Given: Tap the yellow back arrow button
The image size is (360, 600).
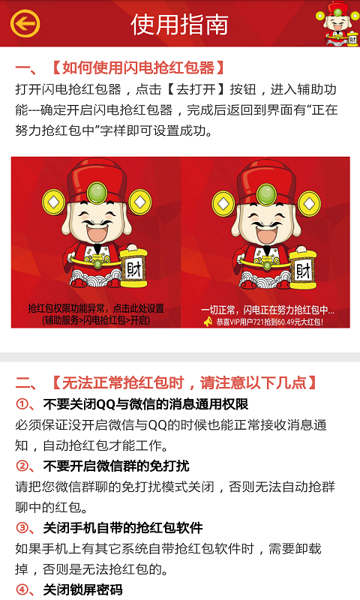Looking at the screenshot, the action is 25,24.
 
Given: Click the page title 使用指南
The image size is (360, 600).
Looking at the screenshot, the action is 179,25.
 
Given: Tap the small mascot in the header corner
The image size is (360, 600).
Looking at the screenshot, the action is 337,24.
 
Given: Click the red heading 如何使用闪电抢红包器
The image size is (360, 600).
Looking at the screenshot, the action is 138,68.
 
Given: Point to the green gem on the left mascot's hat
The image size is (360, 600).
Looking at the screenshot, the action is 97,193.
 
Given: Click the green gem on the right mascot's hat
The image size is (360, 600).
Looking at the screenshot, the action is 266,194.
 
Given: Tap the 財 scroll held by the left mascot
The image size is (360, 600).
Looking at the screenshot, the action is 133,268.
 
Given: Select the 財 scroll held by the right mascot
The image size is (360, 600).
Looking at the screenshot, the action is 303,270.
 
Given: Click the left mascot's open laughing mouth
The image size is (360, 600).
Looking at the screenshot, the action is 95,232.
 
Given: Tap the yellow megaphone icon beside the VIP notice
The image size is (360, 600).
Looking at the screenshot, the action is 208,322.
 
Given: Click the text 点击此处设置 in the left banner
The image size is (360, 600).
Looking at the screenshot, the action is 139,308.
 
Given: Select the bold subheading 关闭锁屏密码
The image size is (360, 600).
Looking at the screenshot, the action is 82,590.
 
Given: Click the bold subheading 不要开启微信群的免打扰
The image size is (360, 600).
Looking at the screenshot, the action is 116,466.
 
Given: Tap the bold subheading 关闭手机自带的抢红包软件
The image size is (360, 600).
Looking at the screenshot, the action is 123,528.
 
